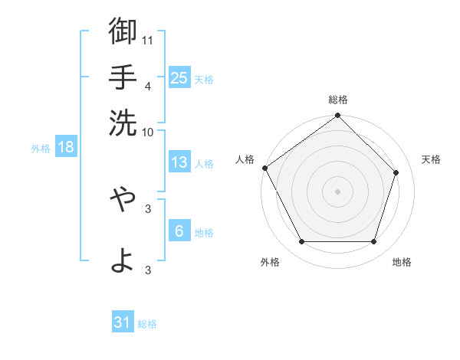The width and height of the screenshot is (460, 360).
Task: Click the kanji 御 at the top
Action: coord(123,32)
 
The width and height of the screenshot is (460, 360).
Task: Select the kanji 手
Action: coord(123,77)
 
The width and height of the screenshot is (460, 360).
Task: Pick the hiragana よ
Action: coord(123,260)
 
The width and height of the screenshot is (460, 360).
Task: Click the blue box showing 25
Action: coord(179,77)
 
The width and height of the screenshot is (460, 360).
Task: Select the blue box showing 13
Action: coord(179,162)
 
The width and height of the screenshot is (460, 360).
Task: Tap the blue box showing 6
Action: coord(179,231)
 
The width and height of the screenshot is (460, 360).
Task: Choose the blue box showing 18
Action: coord(65,147)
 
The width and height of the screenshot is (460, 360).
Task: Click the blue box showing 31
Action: coord(123,322)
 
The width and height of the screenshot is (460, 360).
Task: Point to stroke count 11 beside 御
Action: coord(148,38)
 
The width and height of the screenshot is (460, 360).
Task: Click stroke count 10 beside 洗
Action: coord(148,131)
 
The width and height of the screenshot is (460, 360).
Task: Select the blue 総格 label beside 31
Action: coord(147,324)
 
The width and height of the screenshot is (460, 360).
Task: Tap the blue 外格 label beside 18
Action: coord(41,149)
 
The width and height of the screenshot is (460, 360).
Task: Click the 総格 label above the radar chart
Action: coord(338,100)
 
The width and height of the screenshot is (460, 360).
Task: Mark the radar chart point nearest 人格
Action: coord(265,168)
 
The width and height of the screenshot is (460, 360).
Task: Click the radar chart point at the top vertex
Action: coord(338,116)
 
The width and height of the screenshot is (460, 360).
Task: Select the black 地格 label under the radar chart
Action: coord(402,262)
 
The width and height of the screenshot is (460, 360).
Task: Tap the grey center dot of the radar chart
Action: coord(338,191)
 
